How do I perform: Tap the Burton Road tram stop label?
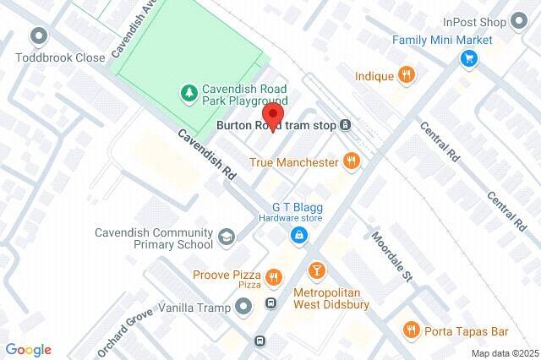(x=276, y=126)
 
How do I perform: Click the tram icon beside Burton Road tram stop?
(x=346, y=126)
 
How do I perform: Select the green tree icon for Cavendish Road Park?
(x=190, y=91)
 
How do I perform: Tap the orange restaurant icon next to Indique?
(x=407, y=76)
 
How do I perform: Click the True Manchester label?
(x=293, y=161)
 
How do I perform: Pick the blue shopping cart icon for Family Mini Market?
(x=469, y=58)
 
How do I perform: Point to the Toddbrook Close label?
(x=59, y=57)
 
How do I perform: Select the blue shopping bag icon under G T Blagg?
(x=298, y=236)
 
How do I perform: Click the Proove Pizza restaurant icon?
(x=274, y=276)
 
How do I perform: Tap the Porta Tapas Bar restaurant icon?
(x=412, y=329)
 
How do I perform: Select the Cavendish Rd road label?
(x=208, y=152)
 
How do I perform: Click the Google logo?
(x=28, y=350)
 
